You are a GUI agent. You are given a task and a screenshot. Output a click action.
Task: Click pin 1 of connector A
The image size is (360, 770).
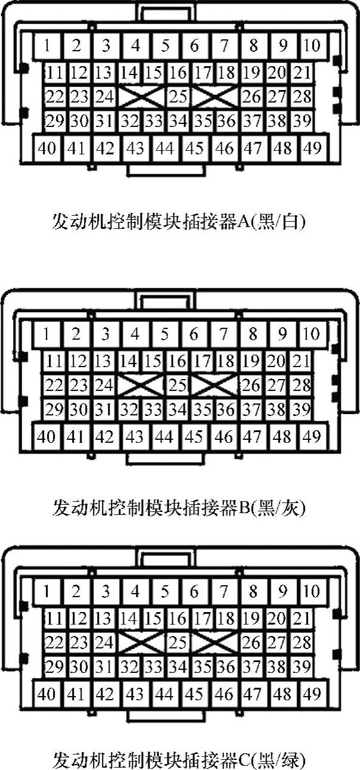coord(47,45)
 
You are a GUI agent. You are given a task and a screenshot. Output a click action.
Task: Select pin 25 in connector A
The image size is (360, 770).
coord(178,96)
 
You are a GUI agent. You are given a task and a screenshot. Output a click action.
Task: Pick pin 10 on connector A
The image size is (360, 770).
coord(312,45)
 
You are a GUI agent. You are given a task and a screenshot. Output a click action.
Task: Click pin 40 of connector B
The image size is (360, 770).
coord(46,437)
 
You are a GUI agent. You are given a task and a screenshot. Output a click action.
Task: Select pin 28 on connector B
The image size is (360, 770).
coord(303,385)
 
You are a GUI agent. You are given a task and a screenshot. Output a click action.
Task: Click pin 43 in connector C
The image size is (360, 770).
coord(135,694)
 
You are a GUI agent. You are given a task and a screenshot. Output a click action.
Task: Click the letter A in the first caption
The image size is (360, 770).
coord(244,222)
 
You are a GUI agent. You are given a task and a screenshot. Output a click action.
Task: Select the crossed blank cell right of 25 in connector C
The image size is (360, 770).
coord(215,643)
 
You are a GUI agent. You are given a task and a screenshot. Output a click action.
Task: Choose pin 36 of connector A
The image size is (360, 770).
coord(226,122)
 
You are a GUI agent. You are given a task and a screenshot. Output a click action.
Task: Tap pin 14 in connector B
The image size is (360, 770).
coord(128,361)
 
